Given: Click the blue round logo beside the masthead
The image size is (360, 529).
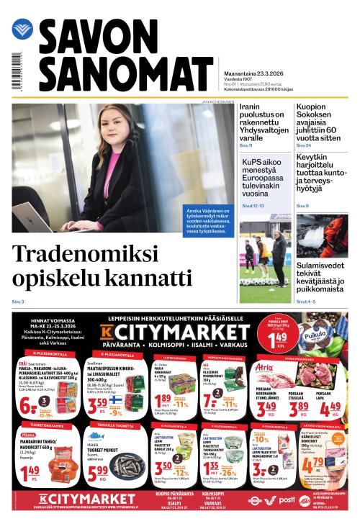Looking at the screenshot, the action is click(x=22, y=30).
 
